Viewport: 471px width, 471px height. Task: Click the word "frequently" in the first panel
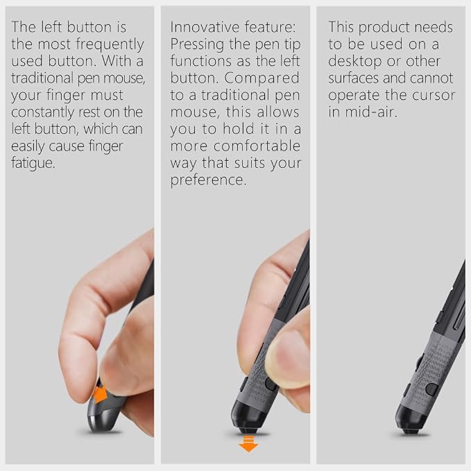110,45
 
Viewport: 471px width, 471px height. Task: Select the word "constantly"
43,112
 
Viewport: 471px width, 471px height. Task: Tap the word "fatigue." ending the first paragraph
33,163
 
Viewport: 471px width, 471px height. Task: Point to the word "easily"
28,146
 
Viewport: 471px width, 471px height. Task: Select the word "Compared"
262,78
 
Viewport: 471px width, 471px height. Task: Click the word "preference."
208,180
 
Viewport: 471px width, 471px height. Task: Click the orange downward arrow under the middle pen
248,444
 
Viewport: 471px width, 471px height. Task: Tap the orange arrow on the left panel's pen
100,395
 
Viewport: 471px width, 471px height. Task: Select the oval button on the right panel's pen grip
431,389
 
